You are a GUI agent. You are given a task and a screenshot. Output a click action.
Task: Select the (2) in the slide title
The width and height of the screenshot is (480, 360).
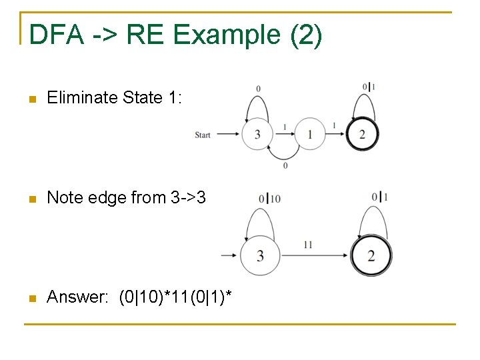(x=306, y=35)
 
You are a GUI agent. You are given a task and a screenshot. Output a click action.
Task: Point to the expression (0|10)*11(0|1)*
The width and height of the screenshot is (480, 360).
(x=175, y=297)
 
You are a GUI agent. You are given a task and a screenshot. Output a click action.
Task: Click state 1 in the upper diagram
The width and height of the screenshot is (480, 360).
(x=310, y=135)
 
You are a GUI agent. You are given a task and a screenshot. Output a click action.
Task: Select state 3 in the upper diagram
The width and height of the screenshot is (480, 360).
(x=257, y=135)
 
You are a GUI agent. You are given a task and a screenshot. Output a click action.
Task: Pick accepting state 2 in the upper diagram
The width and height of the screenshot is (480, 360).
(x=362, y=135)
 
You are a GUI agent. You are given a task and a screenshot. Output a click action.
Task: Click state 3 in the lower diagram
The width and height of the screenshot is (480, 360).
(x=259, y=255)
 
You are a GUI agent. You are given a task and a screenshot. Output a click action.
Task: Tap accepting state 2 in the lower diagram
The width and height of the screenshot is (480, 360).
(x=371, y=255)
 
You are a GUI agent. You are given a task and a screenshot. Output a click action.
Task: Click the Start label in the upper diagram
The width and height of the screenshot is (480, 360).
(x=203, y=135)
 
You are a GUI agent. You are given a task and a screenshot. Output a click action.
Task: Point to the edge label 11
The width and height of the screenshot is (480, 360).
(x=307, y=245)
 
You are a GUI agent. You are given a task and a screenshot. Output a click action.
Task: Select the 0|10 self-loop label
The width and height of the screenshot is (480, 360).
(x=269, y=198)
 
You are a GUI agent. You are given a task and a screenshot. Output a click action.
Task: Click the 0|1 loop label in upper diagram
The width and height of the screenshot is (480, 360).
(x=369, y=87)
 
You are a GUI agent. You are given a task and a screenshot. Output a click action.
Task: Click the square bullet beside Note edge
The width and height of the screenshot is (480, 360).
(x=29, y=198)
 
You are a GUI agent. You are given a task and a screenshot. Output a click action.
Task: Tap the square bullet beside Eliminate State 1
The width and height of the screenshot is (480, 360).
(x=29, y=99)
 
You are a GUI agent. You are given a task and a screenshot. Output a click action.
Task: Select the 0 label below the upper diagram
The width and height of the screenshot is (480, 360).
(x=285, y=165)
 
